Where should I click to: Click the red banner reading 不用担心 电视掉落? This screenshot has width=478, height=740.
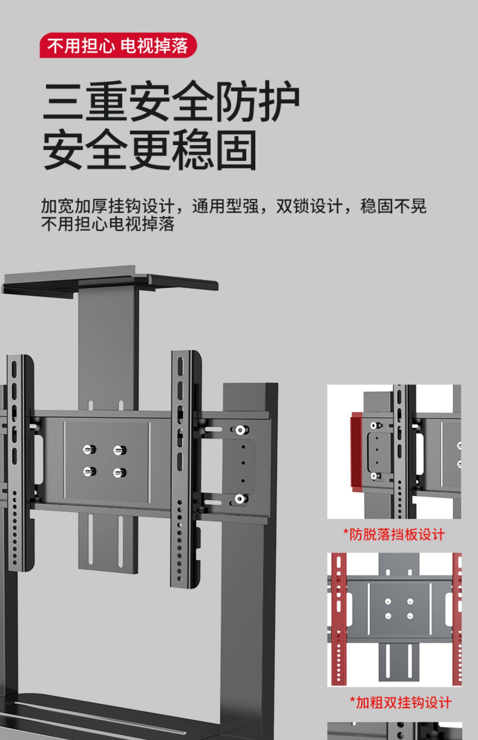[118, 46]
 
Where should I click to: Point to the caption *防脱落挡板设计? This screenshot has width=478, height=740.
[394, 534]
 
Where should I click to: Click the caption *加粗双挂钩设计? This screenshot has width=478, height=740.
[401, 702]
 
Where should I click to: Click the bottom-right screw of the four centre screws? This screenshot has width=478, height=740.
[119, 473]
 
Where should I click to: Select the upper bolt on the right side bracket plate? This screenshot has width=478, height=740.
[240, 430]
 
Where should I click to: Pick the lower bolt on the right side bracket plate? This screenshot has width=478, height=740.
[240, 499]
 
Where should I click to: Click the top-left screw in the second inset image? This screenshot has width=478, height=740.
[388, 601]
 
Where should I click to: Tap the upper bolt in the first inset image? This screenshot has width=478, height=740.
[374, 425]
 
